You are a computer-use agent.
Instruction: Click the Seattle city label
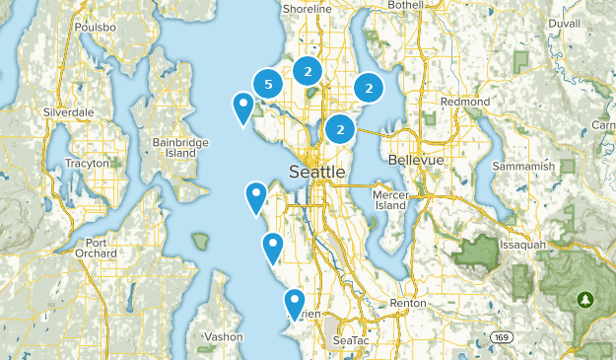[x=316, y=172]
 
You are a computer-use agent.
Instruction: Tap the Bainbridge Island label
[x=180, y=148]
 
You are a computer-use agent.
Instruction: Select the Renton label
[x=408, y=302]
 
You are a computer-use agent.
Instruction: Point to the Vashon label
[x=224, y=336]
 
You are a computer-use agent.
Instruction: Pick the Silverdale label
[x=68, y=112]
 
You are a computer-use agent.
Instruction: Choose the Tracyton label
[x=87, y=163]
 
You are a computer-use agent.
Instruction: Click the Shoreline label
[x=307, y=8]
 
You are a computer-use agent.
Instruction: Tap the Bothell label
[x=404, y=5]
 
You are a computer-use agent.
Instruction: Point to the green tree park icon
[x=587, y=299]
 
